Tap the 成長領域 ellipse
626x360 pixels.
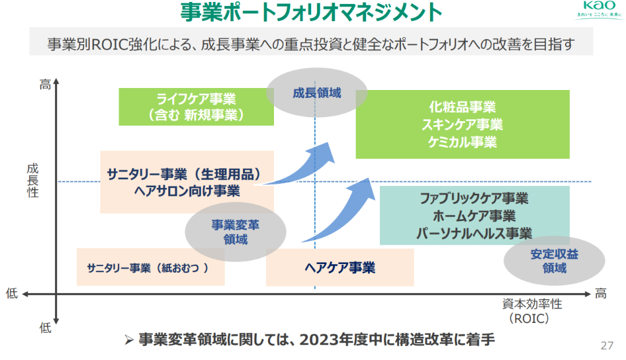tap(317, 93)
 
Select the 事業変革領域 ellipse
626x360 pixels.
tap(236, 232)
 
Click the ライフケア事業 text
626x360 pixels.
tap(197, 99)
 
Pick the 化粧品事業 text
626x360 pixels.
tap(463, 107)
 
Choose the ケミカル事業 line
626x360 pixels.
tap(463, 141)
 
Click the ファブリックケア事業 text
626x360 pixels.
tap(474, 199)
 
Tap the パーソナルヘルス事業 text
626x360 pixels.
tap(474, 233)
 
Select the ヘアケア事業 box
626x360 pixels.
tap(339, 267)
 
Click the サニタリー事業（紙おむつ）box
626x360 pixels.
tap(150, 267)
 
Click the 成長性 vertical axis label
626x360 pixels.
tap(32, 181)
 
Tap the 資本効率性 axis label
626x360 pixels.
tap(531, 304)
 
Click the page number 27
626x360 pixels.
tap(606, 345)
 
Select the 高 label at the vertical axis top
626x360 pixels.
tap(44, 84)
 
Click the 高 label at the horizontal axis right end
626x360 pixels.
tap(600, 293)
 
